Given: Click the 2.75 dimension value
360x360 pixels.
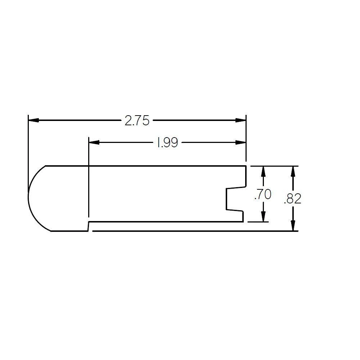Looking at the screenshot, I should (137, 121).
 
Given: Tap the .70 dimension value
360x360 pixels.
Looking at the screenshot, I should (263, 194).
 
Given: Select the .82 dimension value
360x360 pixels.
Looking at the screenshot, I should (292, 198).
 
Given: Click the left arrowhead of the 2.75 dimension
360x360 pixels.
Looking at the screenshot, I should (33, 120).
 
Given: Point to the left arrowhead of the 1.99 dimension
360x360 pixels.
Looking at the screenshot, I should (94, 143).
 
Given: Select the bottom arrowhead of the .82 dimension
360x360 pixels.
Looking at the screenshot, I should (294, 226).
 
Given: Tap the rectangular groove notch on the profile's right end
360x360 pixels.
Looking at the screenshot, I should (230, 199).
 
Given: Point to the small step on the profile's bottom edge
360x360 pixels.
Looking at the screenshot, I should (89, 226).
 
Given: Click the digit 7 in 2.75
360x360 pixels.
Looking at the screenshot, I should (138, 121).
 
